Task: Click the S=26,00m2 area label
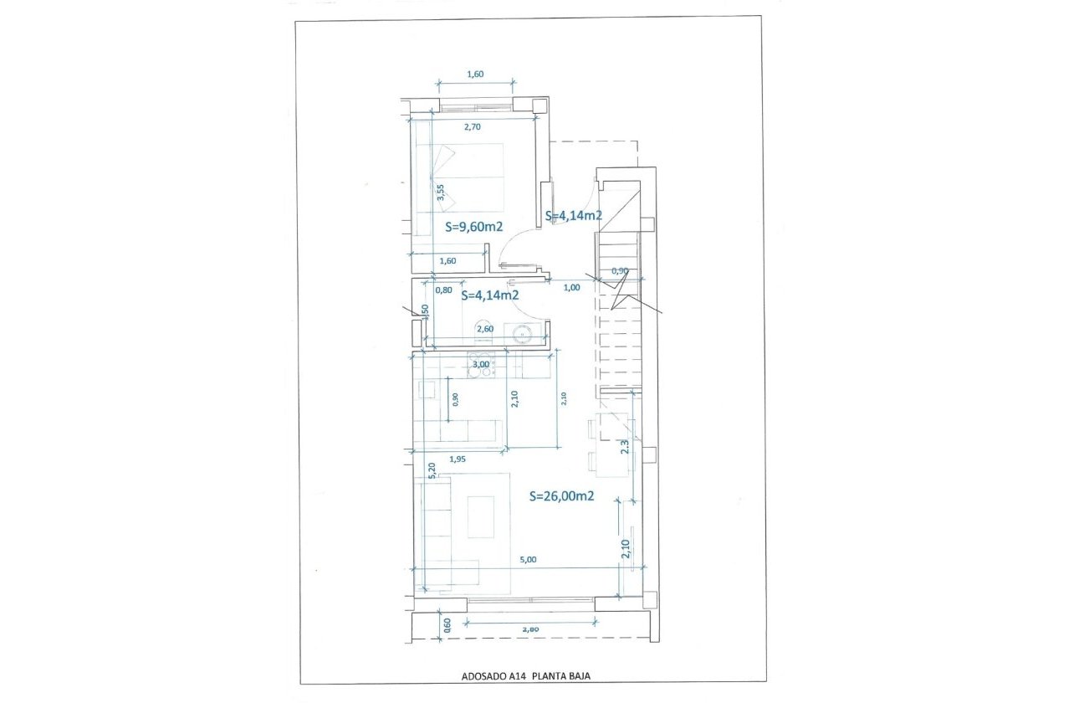(562, 495)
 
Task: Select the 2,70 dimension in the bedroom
(473, 127)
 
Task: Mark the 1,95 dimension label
(458, 459)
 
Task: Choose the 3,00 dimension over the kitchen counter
(481, 364)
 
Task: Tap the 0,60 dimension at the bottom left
(446, 624)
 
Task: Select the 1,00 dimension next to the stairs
(572, 287)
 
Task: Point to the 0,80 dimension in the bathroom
(444, 290)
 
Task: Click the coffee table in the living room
(480, 516)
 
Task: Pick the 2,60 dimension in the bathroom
(484, 329)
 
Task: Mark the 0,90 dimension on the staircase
(620, 270)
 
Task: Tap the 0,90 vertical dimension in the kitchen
(455, 399)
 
